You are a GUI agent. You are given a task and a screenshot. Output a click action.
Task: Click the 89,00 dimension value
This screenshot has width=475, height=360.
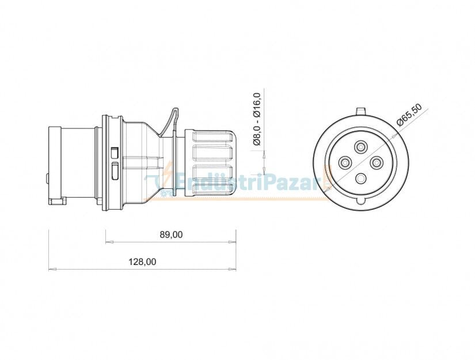point(170,234)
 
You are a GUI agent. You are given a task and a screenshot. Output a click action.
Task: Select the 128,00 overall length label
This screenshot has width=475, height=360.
point(142,262)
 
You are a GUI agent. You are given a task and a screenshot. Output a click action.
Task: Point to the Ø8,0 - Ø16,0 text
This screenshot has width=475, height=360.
point(257,119)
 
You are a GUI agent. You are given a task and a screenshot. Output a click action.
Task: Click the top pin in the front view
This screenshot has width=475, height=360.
point(361,146)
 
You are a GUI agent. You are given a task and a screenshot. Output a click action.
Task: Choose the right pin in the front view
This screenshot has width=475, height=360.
point(377,164)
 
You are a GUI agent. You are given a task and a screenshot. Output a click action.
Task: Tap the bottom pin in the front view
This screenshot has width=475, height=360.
point(361,179)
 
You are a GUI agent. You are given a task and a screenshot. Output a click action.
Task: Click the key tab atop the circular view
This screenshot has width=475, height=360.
point(361,110)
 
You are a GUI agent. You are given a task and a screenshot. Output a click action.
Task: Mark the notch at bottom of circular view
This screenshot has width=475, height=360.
point(361,200)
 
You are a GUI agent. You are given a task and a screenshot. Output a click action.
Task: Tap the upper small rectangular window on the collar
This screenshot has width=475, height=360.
point(115,153)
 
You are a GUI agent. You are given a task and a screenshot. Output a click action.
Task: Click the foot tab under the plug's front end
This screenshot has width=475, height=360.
point(58,201)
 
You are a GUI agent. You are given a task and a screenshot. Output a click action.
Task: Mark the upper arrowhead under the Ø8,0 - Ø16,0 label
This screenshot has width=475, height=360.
point(264,153)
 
